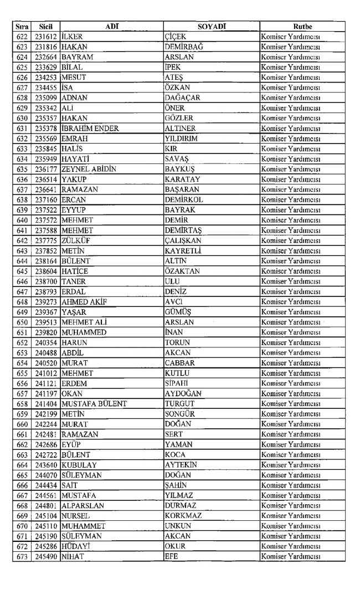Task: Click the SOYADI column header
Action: (x=212, y=26)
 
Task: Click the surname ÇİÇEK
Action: (x=176, y=37)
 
